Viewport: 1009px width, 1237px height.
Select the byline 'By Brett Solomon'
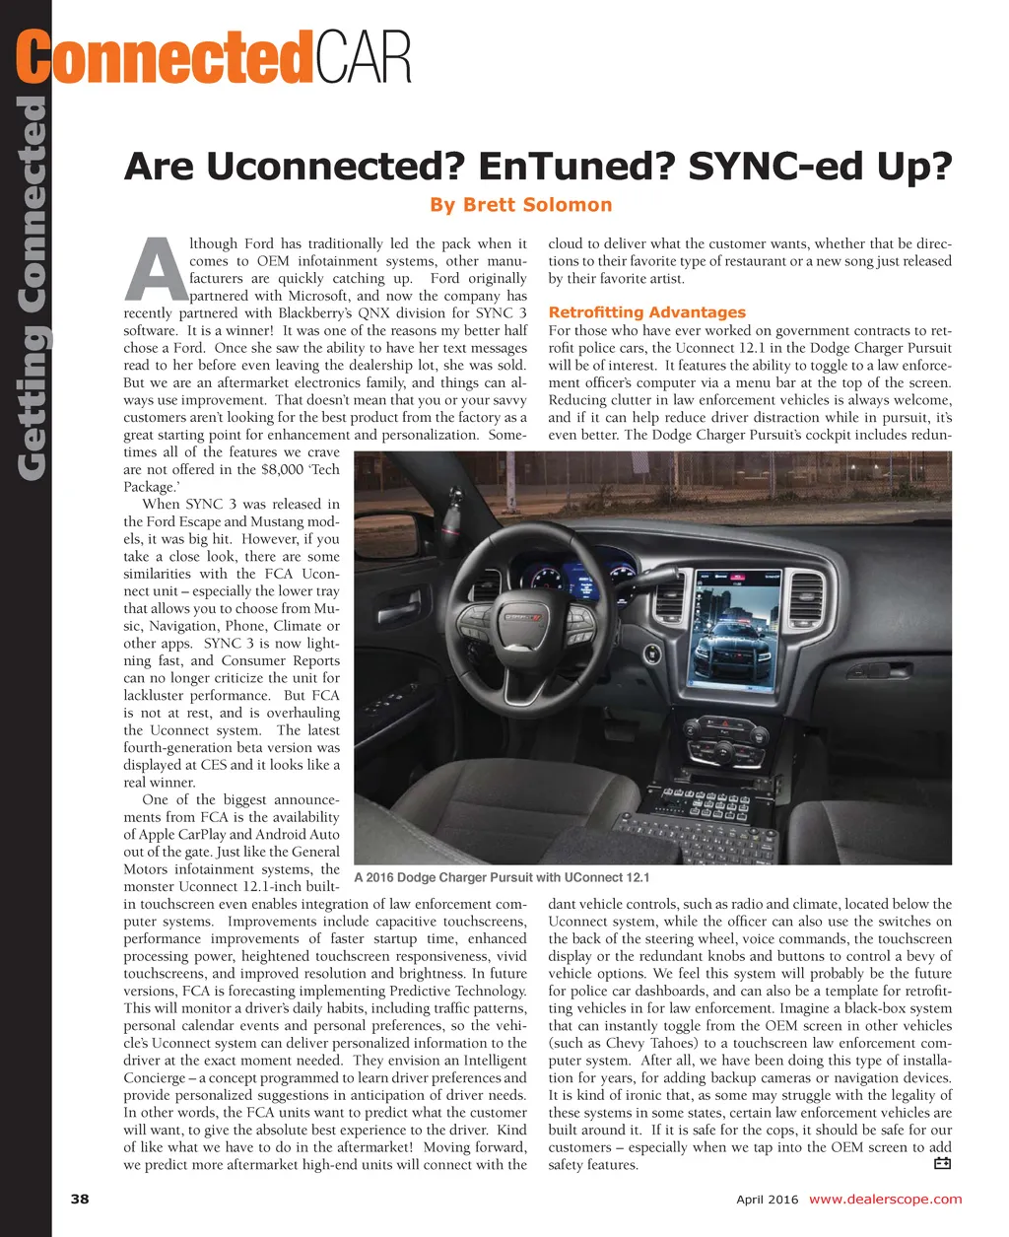pyautogui.click(x=520, y=205)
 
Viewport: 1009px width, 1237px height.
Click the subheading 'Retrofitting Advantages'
pyautogui.click(x=646, y=312)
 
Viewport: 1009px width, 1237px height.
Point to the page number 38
pyautogui.click(x=80, y=1200)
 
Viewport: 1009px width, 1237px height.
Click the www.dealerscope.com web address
pyautogui.click(x=885, y=1200)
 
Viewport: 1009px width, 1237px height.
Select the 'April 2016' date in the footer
pyautogui.click(x=768, y=1200)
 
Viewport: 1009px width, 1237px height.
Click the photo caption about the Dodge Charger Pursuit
pyautogui.click(x=501, y=877)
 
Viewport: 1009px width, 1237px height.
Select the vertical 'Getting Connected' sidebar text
pyautogui.click(x=33, y=286)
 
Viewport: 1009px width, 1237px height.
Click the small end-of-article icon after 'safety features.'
pyautogui.click(x=941, y=1164)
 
